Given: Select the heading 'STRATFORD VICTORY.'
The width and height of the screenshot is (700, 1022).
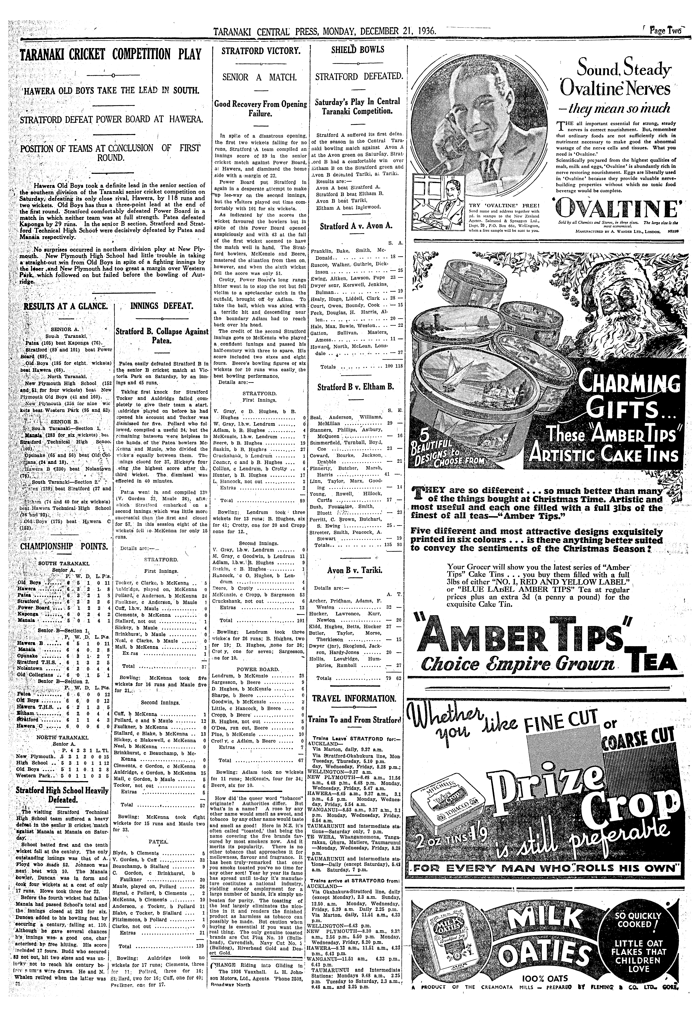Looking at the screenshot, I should (x=261, y=51).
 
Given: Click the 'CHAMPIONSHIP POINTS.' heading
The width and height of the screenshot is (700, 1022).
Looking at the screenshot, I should (x=64, y=547).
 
